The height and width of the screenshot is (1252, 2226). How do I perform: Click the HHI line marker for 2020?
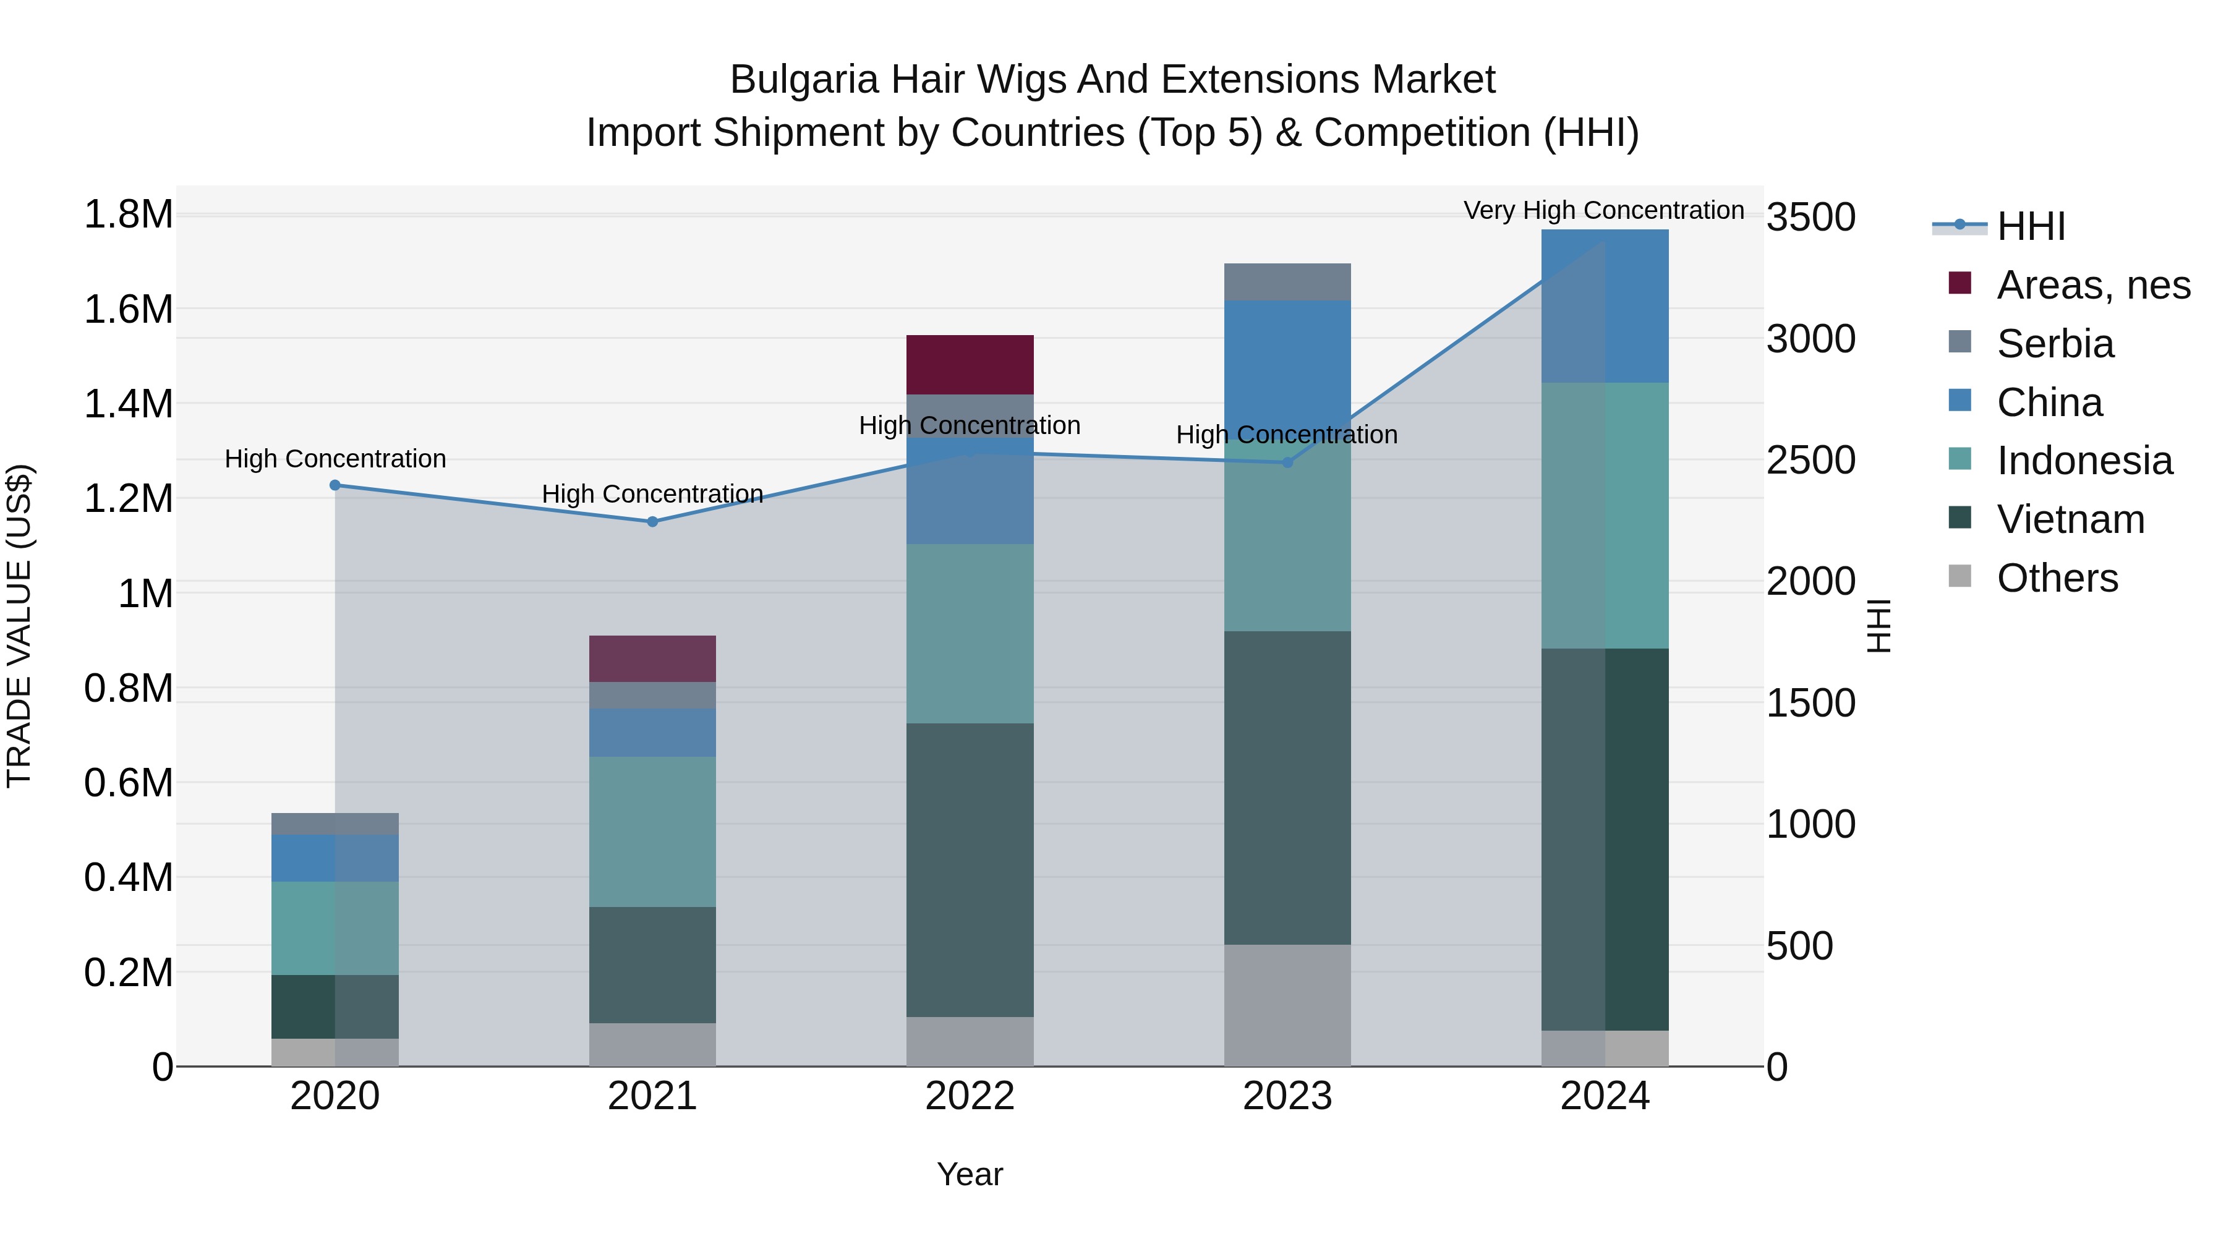tap(335, 485)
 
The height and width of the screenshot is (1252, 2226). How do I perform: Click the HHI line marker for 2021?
tap(652, 521)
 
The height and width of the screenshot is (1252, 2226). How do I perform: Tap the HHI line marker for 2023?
tap(1287, 462)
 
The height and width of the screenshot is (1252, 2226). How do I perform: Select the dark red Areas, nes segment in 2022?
tap(970, 365)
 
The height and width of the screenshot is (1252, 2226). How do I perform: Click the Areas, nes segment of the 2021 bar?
tap(652, 658)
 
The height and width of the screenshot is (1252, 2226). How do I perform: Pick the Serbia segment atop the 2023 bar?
tap(1287, 282)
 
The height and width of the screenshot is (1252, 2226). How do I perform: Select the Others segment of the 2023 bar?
tap(1287, 1004)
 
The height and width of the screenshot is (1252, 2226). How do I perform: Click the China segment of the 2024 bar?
tap(1605, 306)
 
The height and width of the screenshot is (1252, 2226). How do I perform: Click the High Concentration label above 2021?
tap(652, 493)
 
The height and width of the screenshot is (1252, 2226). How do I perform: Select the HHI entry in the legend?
tap(2030, 226)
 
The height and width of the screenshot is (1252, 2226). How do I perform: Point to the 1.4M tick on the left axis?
tap(129, 404)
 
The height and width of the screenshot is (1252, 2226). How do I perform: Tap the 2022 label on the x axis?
tap(970, 1096)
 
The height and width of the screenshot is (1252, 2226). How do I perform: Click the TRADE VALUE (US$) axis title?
tap(19, 626)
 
